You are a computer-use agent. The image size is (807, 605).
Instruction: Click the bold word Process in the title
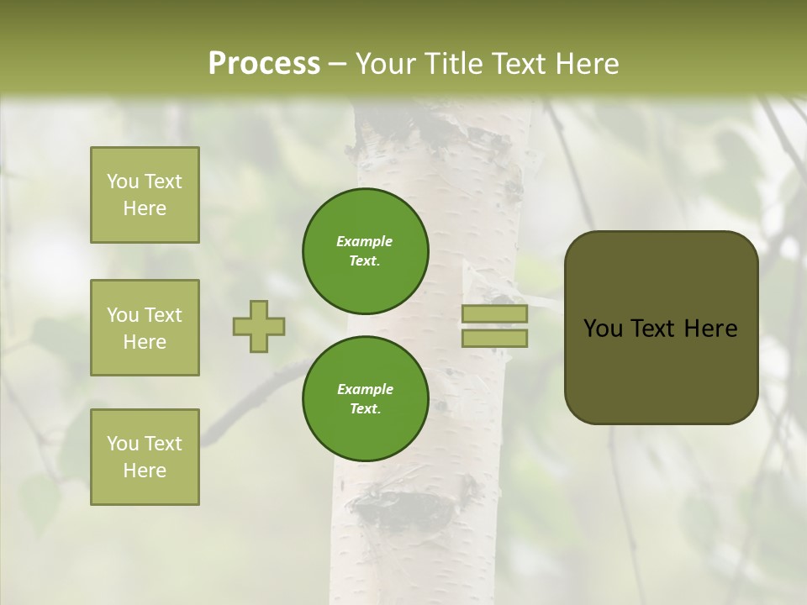pyautogui.click(x=264, y=64)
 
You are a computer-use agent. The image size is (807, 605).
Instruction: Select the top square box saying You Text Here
pyautogui.click(x=145, y=195)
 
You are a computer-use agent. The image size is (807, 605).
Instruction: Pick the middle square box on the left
pyautogui.click(x=145, y=328)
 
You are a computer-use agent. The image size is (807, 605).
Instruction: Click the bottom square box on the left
pyautogui.click(x=145, y=457)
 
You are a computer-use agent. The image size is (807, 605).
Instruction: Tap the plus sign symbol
pyautogui.click(x=259, y=326)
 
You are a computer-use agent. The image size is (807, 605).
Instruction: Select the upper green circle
pyautogui.click(x=366, y=251)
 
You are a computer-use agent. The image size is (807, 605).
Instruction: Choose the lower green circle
pyautogui.click(x=366, y=399)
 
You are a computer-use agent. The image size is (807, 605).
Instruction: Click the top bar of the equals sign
pyautogui.click(x=495, y=314)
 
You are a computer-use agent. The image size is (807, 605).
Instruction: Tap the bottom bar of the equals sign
pyautogui.click(x=495, y=338)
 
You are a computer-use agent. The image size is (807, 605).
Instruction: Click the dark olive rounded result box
pyautogui.click(x=661, y=328)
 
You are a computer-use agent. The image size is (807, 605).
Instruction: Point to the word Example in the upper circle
pyautogui.click(x=365, y=241)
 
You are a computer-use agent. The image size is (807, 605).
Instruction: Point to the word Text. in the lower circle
pyautogui.click(x=365, y=409)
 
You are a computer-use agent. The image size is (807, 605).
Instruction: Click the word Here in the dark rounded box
pyautogui.click(x=710, y=329)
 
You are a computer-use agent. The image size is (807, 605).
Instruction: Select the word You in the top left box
pyautogui.click(x=123, y=181)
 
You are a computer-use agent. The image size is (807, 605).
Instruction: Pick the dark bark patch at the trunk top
pyautogui.click(x=437, y=126)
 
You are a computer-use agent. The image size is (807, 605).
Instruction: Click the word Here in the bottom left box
pyautogui.click(x=145, y=471)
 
